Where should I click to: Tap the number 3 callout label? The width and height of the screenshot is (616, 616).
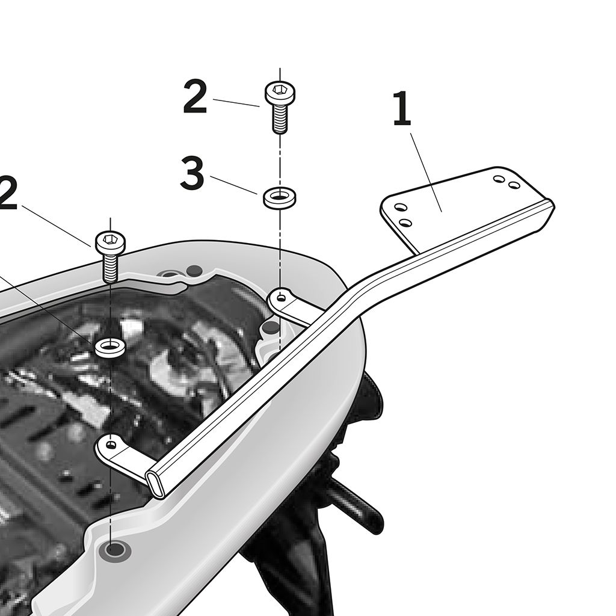pyautogui.click(x=192, y=173)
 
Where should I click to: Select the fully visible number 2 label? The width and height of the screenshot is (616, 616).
pyautogui.click(x=196, y=97)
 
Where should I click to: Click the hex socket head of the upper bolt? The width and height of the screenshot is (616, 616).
pyautogui.click(x=280, y=93)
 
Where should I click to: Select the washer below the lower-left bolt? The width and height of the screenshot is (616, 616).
pyautogui.click(x=111, y=347)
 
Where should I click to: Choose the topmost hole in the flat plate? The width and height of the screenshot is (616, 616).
pyautogui.click(x=499, y=179)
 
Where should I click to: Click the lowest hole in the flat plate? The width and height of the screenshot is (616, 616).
pyautogui.click(x=405, y=223)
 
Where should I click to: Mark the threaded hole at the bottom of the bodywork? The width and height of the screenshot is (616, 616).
pyautogui.click(x=114, y=550)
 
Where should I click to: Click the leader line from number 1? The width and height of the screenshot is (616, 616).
pyautogui.click(x=427, y=173)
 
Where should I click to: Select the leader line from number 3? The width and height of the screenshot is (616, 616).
pyautogui.click(x=234, y=185)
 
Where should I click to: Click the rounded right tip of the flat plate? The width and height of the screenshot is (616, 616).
pyautogui.click(x=550, y=205)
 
